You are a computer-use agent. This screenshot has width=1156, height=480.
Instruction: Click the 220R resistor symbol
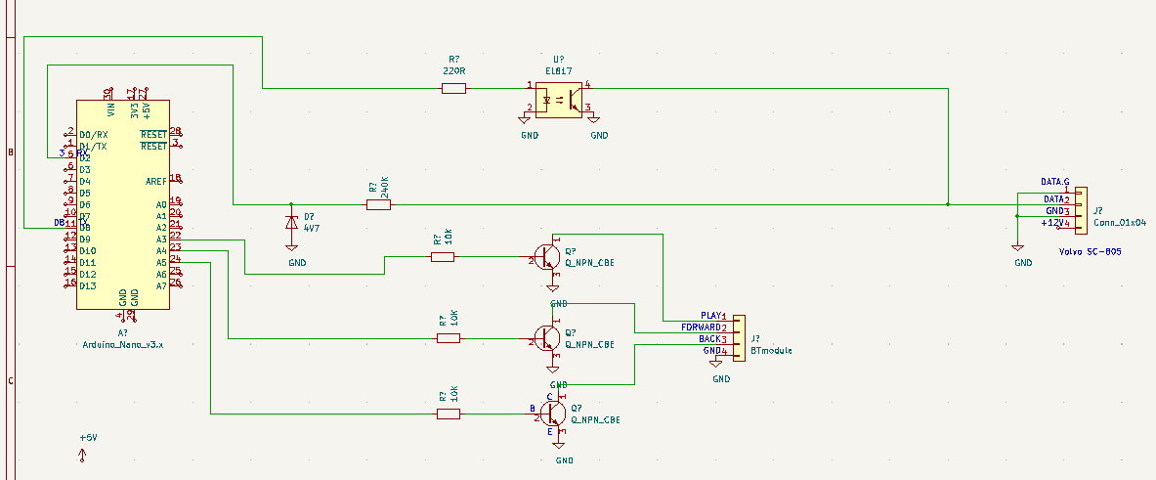pos(453,89)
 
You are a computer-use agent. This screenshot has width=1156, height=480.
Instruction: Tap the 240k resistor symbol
pos(378,204)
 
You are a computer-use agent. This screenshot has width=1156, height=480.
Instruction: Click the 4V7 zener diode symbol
pos(290,222)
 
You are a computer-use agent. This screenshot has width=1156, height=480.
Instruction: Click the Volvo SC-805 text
pos(1090,251)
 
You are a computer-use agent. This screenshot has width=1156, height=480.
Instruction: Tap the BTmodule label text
pos(772,349)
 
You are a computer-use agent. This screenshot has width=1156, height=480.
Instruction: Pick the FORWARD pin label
pos(701,327)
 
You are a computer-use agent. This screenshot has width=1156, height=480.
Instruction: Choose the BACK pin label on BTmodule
pos(709,339)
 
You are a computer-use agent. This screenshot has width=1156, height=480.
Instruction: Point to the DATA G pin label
pos(1054,183)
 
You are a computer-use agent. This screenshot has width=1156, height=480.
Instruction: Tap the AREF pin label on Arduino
pos(155,181)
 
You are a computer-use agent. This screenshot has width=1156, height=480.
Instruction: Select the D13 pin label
pos(88,286)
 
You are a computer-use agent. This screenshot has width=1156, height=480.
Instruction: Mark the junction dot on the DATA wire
pos(948,204)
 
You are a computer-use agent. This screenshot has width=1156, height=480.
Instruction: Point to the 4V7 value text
pos(312,228)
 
